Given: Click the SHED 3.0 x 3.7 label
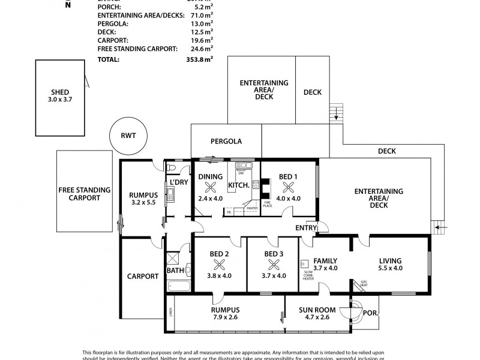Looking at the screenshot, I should pyautogui.click(x=61, y=96).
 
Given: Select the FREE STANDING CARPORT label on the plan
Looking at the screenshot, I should pyautogui.click(x=84, y=194).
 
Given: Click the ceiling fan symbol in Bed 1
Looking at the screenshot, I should pyautogui.click(x=288, y=187).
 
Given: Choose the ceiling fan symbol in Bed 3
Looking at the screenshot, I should pyautogui.click(x=274, y=265).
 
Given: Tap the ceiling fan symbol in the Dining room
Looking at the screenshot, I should pyautogui.click(x=210, y=187).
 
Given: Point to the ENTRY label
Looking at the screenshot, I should pyautogui.click(x=306, y=227).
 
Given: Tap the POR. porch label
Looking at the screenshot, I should pyautogui.click(x=370, y=313).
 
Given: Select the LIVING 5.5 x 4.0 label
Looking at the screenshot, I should pyautogui.click(x=390, y=265).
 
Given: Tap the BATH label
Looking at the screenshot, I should pyautogui.click(x=175, y=271).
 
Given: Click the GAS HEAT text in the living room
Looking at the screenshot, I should pyautogui.click(x=364, y=283).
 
